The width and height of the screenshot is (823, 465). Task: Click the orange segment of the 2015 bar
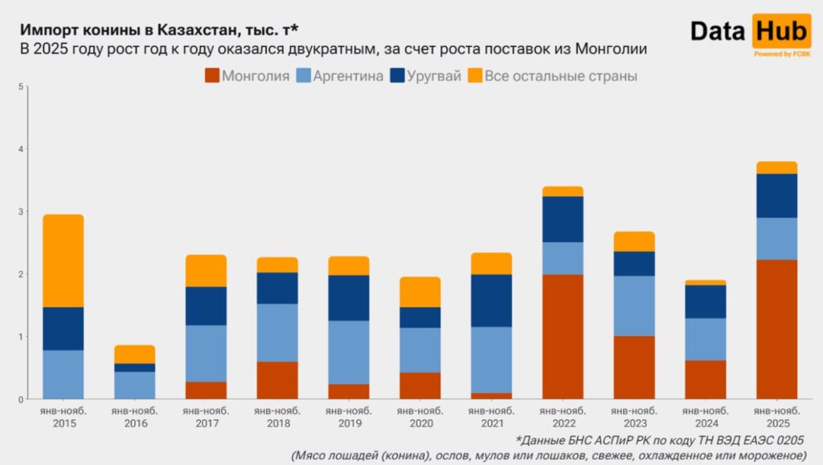click(63, 261)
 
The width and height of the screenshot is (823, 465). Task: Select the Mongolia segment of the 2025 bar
click(777, 329)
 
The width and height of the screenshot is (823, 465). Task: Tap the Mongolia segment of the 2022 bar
click(563, 336)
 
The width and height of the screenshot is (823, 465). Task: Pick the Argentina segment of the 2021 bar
click(491, 360)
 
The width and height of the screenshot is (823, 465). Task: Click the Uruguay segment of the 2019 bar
click(349, 298)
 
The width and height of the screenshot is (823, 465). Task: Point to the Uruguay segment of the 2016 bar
click(135, 368)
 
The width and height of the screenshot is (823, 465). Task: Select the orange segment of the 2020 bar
click(420, 292)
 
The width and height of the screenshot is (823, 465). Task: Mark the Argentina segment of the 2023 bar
click(634, 306)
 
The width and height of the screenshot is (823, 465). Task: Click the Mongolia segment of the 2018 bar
click(277, 380)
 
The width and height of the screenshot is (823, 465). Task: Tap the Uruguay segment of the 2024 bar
click(706, 302)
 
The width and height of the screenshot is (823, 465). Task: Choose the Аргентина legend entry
click(339, 76)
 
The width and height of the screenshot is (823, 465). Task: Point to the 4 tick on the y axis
click(21, 150)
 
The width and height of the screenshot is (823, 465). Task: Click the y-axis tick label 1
click(21, 336)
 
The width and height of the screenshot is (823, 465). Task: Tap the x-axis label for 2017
click(207, 417)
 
